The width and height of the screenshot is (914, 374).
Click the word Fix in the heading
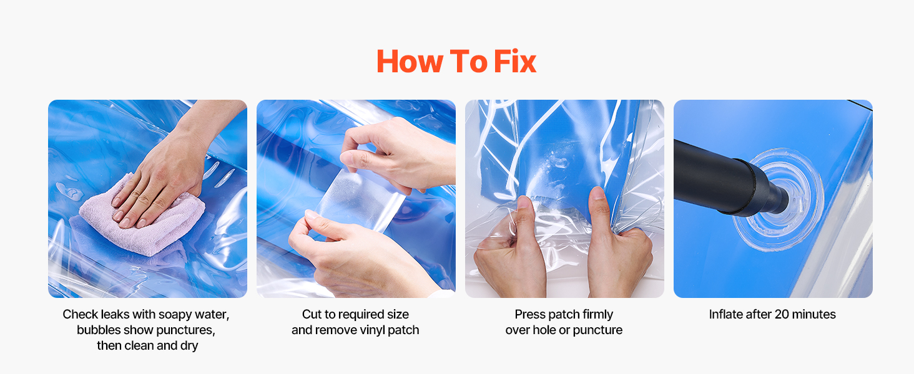pyautogui.click(x=515, y=62)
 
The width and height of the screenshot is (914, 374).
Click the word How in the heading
pyautogui.click(x=410, y=62)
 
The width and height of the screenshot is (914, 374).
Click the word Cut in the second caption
pyautogui.click(x=312, y=314)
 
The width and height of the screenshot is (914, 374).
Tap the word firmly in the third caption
pyautogui.click(x=597, y=315)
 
